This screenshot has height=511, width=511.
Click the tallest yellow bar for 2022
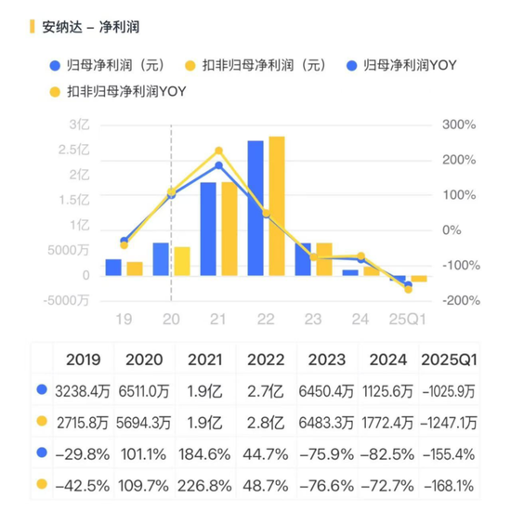click(276, 206)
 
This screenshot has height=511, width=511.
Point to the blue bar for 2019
click(113, 267)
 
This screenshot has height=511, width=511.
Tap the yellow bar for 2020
click(182, 261)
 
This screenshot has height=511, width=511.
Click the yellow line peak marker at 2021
click(218, 151)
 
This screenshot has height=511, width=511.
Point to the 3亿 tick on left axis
click(79, 124)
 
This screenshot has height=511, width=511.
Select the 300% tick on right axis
click(458, 124)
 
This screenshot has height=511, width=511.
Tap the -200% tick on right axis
click(458, 300)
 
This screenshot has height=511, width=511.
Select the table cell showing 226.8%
click(207, 483)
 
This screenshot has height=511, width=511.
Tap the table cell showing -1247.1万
click(449, 422)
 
